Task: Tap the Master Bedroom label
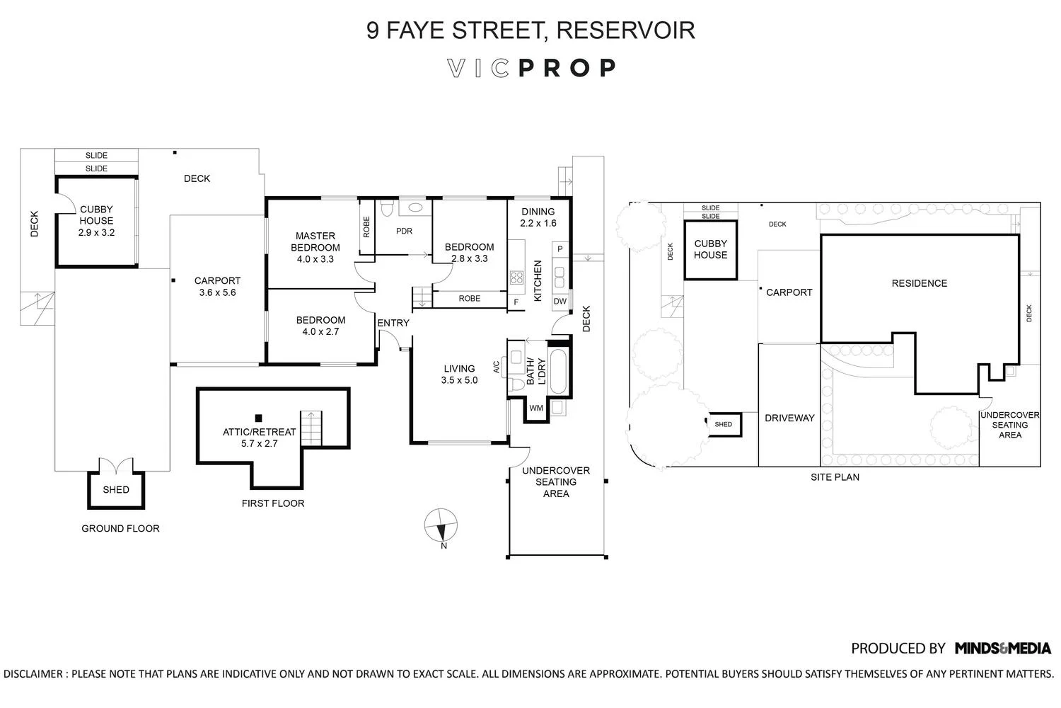pos(315,247)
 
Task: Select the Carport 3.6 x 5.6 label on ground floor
pos(217,286)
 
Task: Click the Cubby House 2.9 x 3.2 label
pos(96,220)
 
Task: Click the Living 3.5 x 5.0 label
pos(459,374)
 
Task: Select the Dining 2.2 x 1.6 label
pos(538,217)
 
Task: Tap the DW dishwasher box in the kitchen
pos(560,302)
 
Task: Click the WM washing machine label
pos(536,408)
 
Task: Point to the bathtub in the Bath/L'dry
pos(558,371)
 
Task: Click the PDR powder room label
pos(404,231)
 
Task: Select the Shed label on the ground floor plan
pos(116,489)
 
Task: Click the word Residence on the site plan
pos(919,283)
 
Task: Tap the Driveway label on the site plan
pos(789,418)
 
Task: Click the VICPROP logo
pos(532,68)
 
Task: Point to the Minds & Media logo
pos(1002,648)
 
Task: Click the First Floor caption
pos(273,503)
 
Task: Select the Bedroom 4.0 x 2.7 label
pos(320,326)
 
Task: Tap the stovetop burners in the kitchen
pos(516,278)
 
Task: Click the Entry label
pos(393,323)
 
